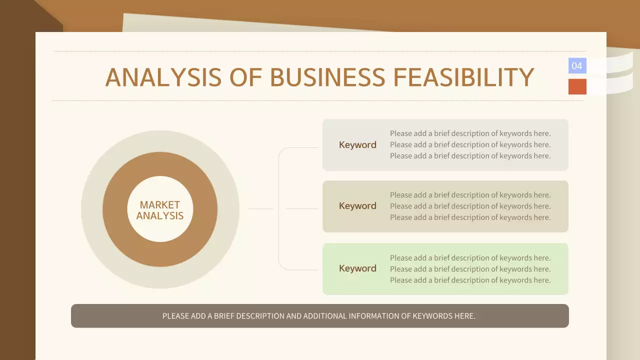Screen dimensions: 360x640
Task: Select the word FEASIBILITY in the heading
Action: pyautogui.click(x=463, y=77)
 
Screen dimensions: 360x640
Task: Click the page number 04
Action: pyautogui.click(x=577, y=66)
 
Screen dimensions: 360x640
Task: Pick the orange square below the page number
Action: pyautogui.click(x=577, y=86)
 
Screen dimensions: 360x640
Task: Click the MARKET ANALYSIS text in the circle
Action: pyautogui.click(x=160, y=210)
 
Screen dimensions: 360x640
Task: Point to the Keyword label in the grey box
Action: pyautogui.click(x=357, y=145)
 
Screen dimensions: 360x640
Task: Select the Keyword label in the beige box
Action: pyautogui.click(x=357, y=206)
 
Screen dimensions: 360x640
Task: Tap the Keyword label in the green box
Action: pyautogui.click(x=357, y=268)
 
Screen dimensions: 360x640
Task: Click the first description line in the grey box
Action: pyautogui.click(x=470, y=133)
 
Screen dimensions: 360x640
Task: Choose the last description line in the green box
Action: pyautogui.click(x=470, y=280)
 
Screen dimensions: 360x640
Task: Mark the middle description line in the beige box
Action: pyautogui.click(x=470, y=206)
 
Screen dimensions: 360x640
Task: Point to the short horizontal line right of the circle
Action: pyautogui.click(x=260, y=208)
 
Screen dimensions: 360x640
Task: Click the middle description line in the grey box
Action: pyautogui.click(x=470, y=144)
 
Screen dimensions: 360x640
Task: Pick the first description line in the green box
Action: pyautogui.click(x=470, y=258)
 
